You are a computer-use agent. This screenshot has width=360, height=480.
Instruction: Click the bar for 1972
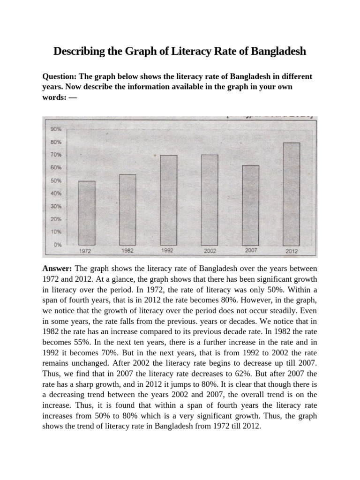(87, 213)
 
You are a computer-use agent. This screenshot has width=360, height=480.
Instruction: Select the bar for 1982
(127, 210)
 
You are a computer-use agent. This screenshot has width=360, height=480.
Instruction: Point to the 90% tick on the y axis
(56, 129)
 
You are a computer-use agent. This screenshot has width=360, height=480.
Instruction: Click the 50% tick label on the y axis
(56, 180)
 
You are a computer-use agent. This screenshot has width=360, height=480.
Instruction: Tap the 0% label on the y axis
(57, 245)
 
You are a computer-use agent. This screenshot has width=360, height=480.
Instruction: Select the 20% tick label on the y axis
(56, 219)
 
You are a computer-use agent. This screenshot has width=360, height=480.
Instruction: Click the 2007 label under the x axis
(251, 251)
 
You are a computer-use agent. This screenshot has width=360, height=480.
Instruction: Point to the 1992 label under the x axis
(167, 251)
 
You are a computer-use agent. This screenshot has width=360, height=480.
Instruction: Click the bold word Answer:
(57, 269)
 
